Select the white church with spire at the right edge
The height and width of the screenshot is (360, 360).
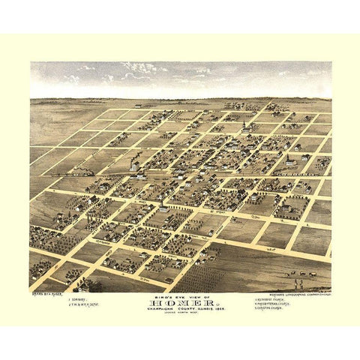coord(289,160)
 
